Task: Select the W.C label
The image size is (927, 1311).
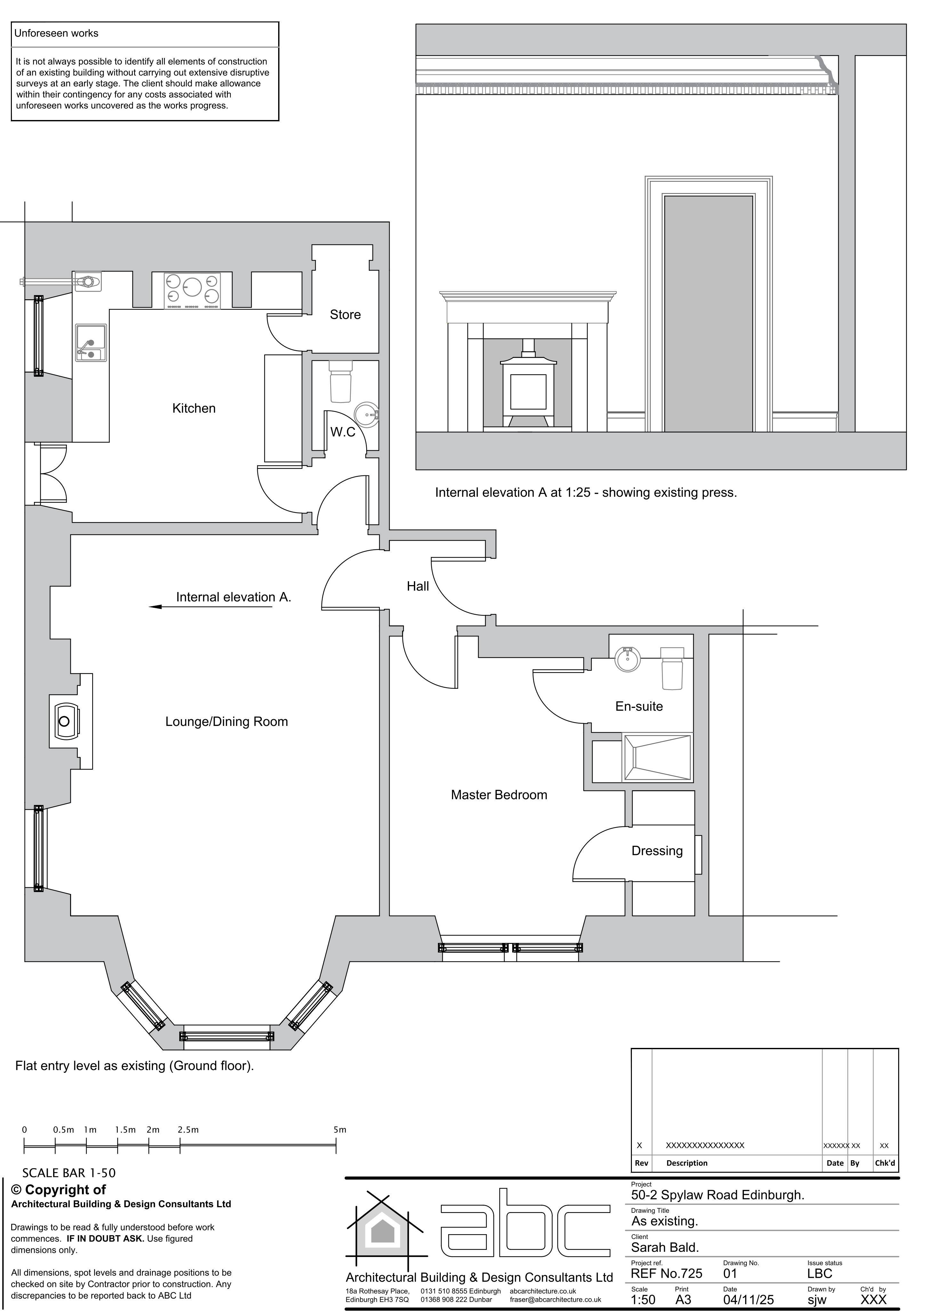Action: [x=343, y=432]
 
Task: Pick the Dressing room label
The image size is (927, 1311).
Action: [x=657, y=851]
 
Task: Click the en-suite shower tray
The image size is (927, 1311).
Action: [x=657, y=757]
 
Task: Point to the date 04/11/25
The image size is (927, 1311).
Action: [x=748, y=1299]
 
